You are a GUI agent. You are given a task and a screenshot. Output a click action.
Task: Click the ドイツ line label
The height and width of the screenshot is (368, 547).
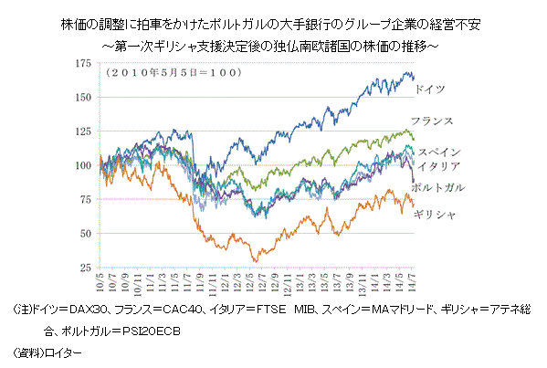point(430,91)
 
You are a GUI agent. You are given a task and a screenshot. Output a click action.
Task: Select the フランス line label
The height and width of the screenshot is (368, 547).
point(435,121)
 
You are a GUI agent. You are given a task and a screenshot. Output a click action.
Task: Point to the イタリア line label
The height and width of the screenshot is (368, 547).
point(441,165)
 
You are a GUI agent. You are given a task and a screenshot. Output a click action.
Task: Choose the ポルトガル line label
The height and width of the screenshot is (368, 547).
point(438,186)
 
